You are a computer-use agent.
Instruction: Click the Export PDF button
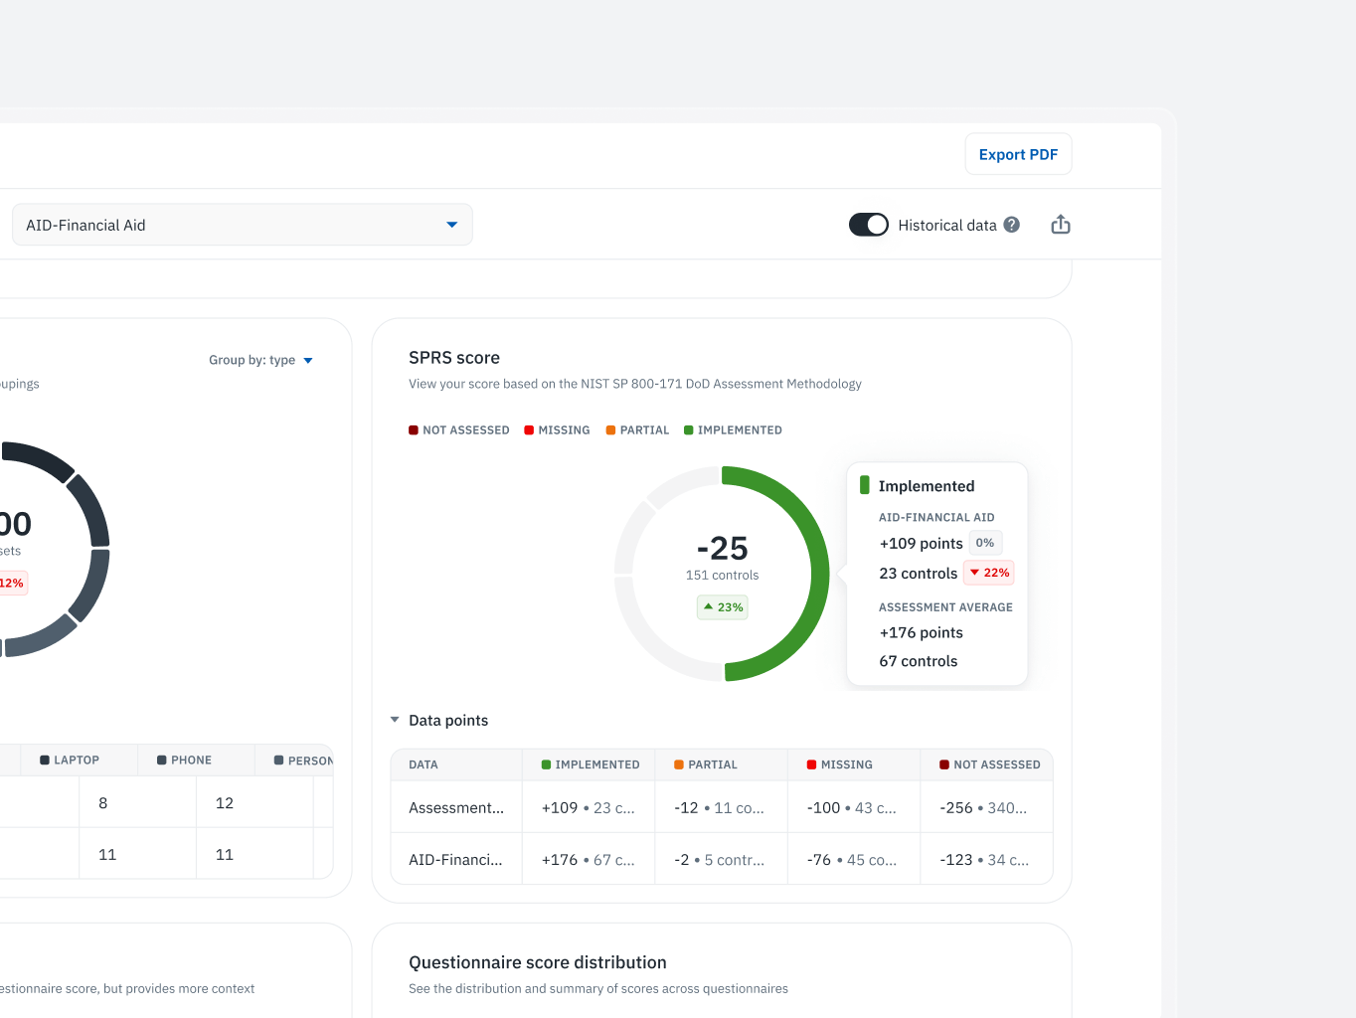pyautogui.click(x=1018, y=154)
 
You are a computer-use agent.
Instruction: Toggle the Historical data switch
pyautogui.click(x=868, y=225)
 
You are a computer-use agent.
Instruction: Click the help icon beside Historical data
pyautogui.click(x=1011, y=225)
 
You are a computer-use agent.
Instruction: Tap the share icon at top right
pyautogui.click(x=1061, y=225)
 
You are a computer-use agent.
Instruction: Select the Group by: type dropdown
pyautogui.click(x=260, y=360)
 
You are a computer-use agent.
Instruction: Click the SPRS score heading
pyautogui.click(x=454, y=358)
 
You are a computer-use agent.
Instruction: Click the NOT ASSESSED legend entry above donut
pyautogui.click(x=459, y=430)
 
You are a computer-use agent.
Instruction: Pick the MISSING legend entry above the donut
pyautogui.click(x=557, y=430)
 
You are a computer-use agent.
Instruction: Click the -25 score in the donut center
pyautogui.click(x=723, y=548)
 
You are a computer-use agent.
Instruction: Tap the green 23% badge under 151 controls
pyautogui.click(x=723, y=607)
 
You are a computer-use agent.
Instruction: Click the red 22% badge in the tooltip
pyautogui.click(x=989, y=573)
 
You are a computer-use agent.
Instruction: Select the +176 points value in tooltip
pyautogui.click(x=921, y=632)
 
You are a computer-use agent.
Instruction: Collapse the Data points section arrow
pyautogui.click(x=395, y=720)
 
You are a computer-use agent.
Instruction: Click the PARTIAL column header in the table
pyautogui.click(x=712, y=764)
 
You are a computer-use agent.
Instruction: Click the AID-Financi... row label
pyautogui.click(x=455, y=860)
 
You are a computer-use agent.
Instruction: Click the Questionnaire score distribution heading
pyautogui.click(x=538, y=962)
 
